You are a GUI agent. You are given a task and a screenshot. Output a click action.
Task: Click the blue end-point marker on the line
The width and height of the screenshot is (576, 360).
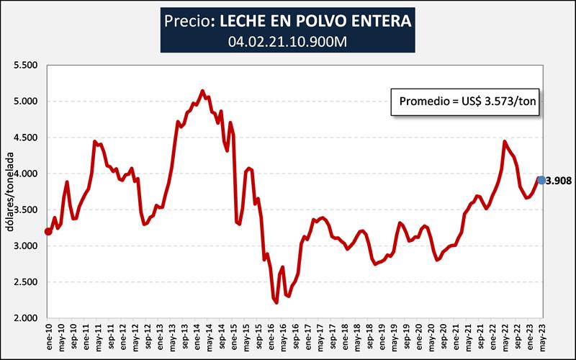541,180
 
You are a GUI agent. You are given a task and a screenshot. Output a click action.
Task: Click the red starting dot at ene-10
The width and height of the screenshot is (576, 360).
48,231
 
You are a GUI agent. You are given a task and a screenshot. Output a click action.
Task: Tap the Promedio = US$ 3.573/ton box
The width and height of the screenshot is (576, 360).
466,102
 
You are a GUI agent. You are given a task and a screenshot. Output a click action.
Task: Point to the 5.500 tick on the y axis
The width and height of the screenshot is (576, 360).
24,65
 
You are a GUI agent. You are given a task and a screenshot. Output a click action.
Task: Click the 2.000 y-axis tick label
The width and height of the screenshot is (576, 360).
24,318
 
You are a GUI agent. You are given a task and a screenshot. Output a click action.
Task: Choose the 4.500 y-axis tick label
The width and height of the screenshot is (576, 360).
24,138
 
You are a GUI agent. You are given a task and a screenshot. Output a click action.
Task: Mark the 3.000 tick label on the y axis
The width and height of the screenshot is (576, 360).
24,246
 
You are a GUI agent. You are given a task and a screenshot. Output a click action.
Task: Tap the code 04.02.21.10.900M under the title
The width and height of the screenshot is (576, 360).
288,41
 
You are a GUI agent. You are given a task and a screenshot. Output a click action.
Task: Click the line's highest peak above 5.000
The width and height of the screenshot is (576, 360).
202,91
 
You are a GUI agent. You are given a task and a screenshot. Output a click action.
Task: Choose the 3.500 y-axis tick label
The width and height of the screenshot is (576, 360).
24,210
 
